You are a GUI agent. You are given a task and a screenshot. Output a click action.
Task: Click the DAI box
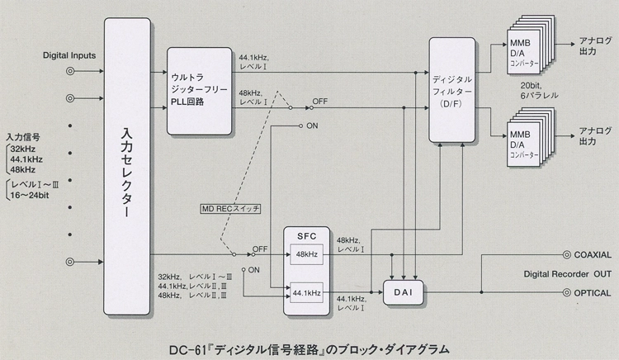(x=403, y=292)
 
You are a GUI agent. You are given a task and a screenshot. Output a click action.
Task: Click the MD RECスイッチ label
(x=230, y=210)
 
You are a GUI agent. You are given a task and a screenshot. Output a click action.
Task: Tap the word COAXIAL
(x=592, y=254)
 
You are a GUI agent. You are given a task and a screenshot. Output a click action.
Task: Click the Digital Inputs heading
(x=70, y=55)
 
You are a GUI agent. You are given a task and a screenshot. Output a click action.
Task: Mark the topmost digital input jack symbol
(x=70, y=72)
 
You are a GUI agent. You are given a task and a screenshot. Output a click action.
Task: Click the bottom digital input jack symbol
(x=70, y=262)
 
